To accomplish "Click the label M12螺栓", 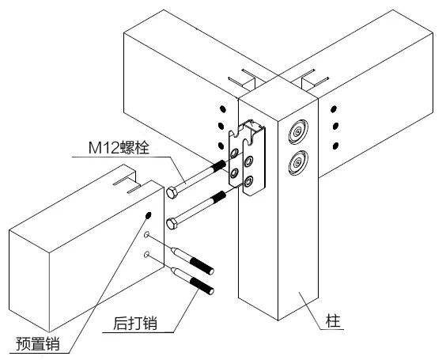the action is click(x=119, y=148).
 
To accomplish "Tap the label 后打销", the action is click(x=135, y=323).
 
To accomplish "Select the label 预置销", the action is click(x=38, y=343).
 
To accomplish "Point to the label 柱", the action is click(x=334, y=321).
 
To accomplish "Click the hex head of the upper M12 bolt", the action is click(x=172, y=192).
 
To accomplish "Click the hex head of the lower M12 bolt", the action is click(x=172, y=224).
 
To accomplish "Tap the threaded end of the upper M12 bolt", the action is click(x=219, y=165).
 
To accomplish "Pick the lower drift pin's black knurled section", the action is click(x=202, y=286).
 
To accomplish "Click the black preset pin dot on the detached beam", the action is click(x=148, y=215).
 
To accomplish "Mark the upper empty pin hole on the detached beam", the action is click(x=147, y=235).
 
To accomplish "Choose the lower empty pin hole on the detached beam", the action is click(x=147, y=254).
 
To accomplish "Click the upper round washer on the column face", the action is click(x=298, y=131).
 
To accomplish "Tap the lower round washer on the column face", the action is click(x=298, y=163).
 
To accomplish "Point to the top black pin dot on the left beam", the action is click(x=223, y=108).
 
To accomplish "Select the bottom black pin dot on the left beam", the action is click(x=221, y=146).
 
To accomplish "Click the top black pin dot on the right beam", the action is click(x=334, y=108).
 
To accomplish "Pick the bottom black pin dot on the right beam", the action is click(x=335, y=146).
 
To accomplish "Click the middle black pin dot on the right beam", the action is click(x=335, y=126).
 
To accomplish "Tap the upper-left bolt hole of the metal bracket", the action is click(x=235, y=153).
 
